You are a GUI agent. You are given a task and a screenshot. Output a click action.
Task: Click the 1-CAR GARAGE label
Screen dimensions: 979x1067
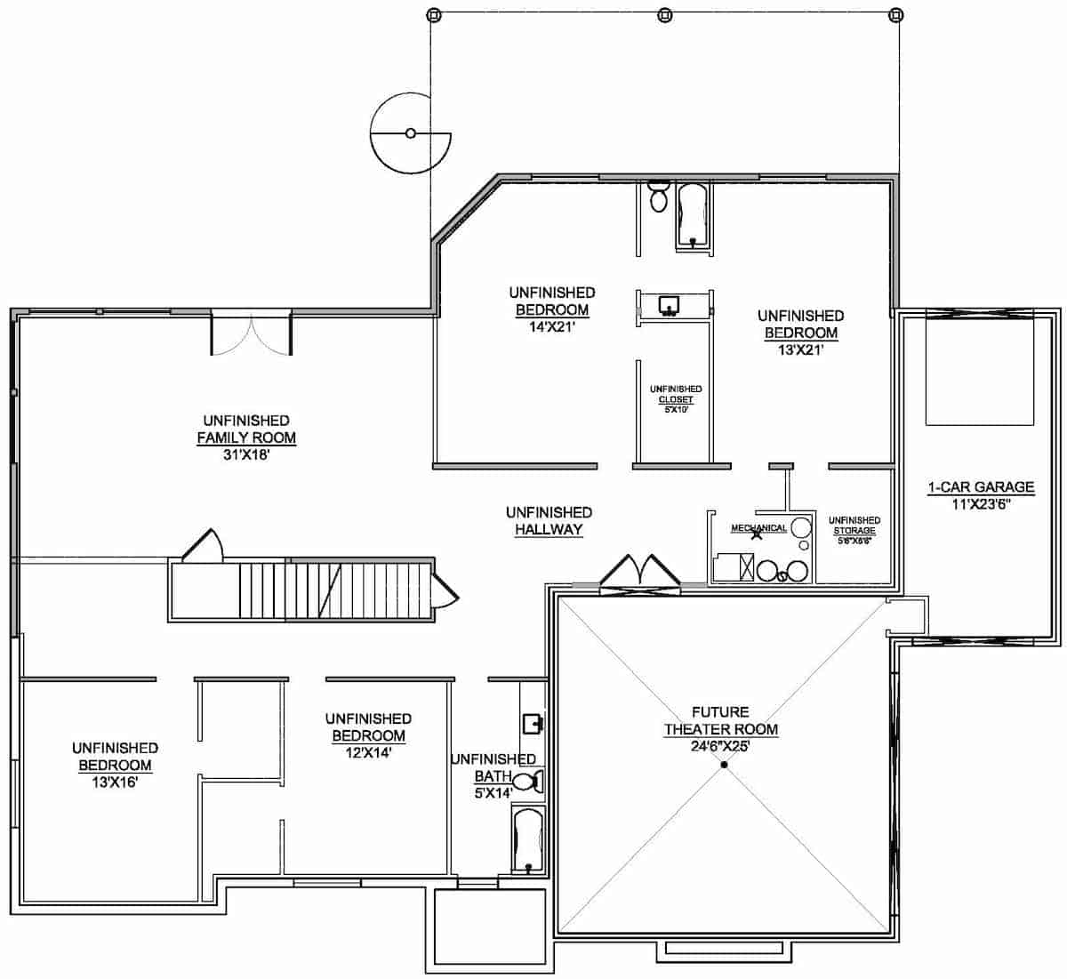(x=981, y=487)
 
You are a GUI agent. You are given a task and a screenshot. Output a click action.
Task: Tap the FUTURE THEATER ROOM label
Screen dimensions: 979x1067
(x=721, y=721)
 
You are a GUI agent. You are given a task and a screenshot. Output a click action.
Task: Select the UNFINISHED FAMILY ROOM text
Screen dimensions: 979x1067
(x=246, y=429)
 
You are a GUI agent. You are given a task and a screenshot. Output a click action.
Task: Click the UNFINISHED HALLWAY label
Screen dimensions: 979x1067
(x=549, y=521)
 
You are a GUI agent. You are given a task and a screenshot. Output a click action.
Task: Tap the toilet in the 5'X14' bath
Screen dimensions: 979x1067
(x=530, y=782)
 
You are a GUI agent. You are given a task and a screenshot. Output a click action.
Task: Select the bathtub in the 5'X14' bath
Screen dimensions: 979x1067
(x=528, y=841)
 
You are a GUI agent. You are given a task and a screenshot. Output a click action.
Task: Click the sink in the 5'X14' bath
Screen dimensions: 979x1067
(x=532, y=722)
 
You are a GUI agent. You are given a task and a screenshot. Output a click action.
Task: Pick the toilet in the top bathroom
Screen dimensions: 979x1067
(x=658, y=196)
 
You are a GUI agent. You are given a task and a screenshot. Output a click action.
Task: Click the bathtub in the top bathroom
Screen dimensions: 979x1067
(x=692, y=213)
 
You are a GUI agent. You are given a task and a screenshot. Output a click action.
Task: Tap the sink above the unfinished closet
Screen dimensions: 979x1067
(x=670, y=306)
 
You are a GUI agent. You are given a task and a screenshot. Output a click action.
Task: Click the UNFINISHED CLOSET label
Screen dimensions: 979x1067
(x=676, y=395)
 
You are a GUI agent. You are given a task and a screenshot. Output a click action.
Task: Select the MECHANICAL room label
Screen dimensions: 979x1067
(x=758, y=528)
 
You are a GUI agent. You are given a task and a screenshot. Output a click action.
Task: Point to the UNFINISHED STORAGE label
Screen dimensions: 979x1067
(x=854, y=526)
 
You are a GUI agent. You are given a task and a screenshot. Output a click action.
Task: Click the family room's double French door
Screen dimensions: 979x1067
(x=252, y=333)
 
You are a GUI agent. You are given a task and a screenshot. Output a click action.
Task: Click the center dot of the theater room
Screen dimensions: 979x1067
(x=725, y=765)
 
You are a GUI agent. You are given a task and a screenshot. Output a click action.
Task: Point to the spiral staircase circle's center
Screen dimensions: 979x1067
(x=410, y=133)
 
